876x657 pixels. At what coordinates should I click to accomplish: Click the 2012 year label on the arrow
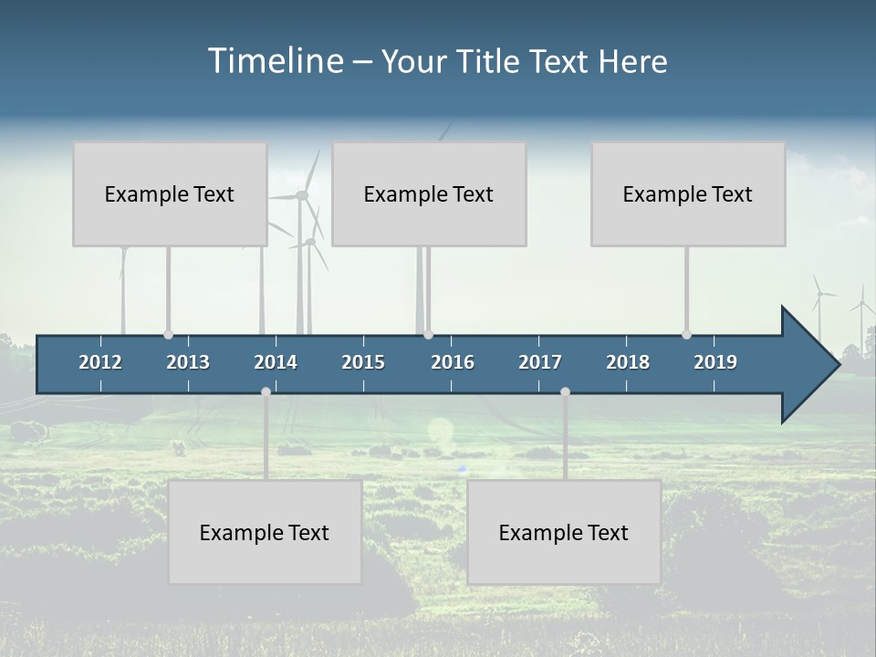pos(100,362)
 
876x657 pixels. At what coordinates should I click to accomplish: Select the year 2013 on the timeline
pos(188,362)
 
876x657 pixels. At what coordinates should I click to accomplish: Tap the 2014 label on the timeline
pos(276,362)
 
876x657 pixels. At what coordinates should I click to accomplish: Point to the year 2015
pos(363,362)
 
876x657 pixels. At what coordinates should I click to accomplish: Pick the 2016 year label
pos(453,362)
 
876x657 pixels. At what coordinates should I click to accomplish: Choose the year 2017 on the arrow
pos(540,362)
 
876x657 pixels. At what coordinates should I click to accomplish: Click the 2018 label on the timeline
pos(628,362)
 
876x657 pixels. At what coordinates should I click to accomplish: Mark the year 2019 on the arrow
pos(715,362)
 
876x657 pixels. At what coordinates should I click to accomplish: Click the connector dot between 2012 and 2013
pos(168,335)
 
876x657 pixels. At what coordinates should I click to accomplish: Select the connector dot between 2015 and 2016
pos(428,335)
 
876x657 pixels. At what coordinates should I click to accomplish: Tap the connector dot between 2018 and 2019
pos(686,335)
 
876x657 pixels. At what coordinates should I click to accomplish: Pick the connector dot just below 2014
pos(266,391)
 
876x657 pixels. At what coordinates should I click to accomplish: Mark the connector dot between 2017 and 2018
pos(565,391)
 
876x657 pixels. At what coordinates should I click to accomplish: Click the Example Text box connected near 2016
pos(429,194)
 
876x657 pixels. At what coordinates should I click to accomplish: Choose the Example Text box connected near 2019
pos(688,194)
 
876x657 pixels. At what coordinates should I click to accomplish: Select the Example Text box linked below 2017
pos(564,533)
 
